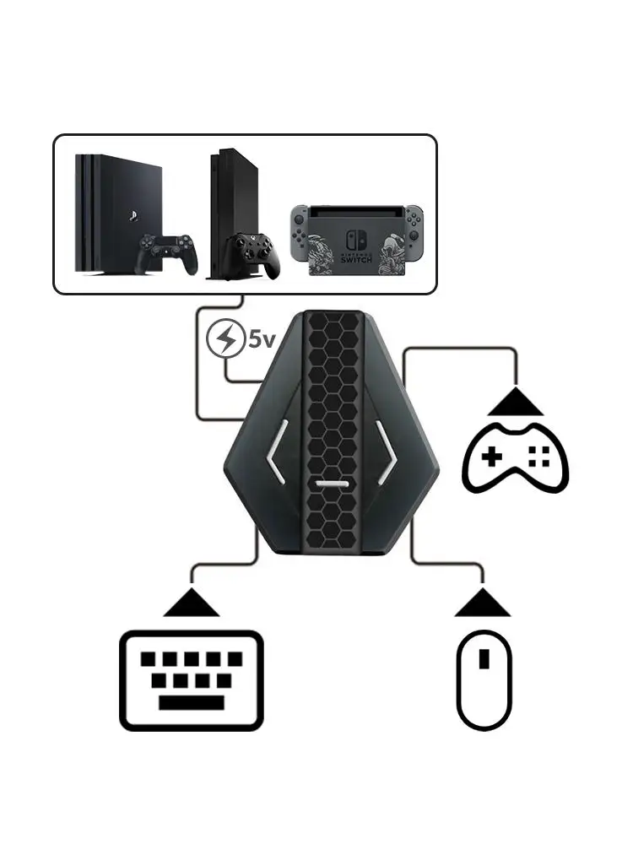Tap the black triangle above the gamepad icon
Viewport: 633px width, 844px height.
pyautogui.click(x=516, y=402)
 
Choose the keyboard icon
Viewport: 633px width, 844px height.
pyautogui.click(x=192, y=680)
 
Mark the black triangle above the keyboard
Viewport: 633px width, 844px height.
pyautogui.click(x=192, y=603)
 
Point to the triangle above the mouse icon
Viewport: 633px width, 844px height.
pyautogui.click(x=484, y=603)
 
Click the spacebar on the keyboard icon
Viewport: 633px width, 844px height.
pyautogui.click(x=191, y=701)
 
